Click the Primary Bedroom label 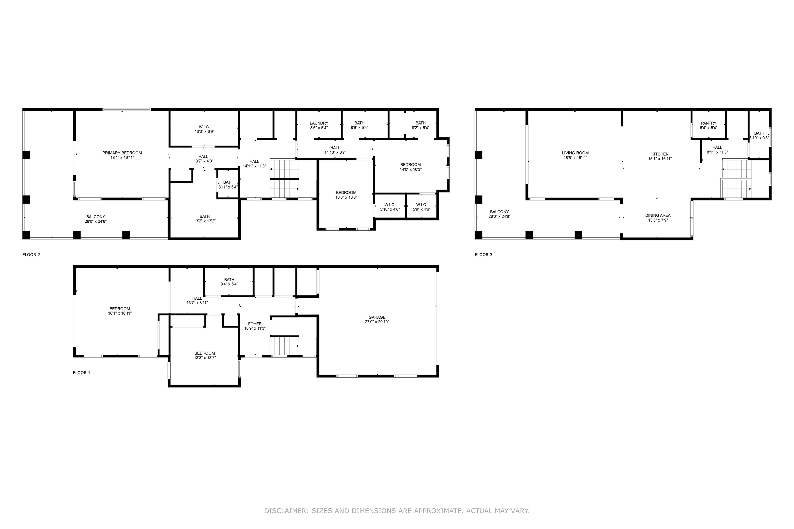[122, 153]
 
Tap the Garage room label [377, 317]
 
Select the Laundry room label [319, 123]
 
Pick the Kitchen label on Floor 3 [660, 154]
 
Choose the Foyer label [255, 324]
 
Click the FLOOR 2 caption [31, 255]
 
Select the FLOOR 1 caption [81, 373]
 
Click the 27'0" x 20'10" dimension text [377, 322]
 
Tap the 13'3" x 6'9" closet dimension [204, 131]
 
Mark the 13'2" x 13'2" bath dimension [205, 221]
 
